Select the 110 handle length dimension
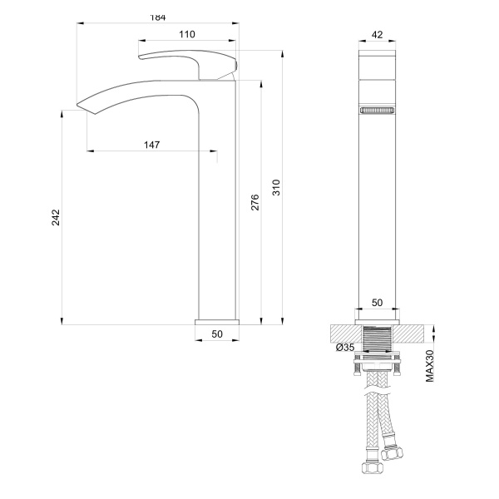(186, 34)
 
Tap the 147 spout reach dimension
(151, 145)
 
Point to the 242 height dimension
(56, 218)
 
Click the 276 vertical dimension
(255, 202)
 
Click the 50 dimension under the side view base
(217, 333)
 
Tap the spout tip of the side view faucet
(83, 106)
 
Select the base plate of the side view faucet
(217, 320)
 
